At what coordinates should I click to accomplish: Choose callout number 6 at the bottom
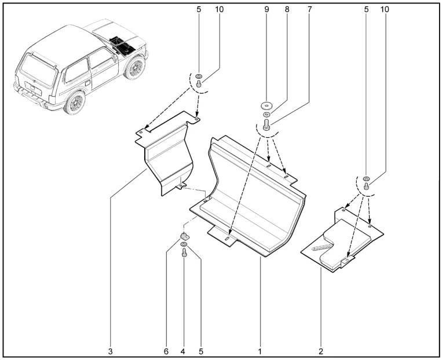click(x=166, y=351)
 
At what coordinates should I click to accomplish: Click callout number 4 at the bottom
click(x=183, y=351)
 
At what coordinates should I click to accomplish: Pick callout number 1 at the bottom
click(x=260, y=351)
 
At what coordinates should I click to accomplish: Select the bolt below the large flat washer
click(x=266, y=124)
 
